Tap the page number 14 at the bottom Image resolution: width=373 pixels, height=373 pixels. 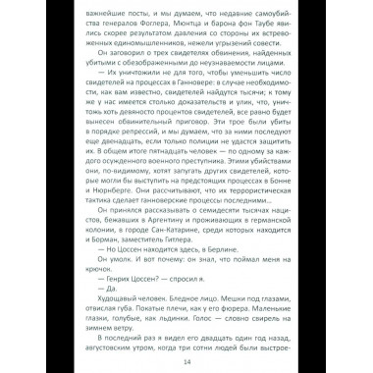[186, 359]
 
